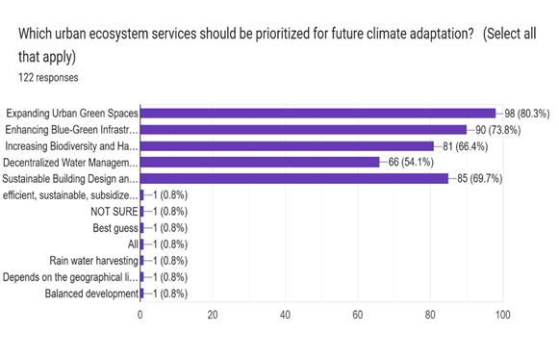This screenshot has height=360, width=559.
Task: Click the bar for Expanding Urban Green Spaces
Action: click(x=318, y=113)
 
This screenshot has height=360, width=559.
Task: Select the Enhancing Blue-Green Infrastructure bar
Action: click(x=303, y=129)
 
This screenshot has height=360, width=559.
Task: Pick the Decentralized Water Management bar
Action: click(x=260, y=162)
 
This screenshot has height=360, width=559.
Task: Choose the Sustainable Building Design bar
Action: click(x=294, y=178)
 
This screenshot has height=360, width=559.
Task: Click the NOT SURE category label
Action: click(x=114, y=211)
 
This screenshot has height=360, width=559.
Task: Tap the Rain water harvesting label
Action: click(x=93, y=260)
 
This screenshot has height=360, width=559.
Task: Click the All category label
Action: click(x=133, y=244)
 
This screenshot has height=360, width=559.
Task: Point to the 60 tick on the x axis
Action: click(x=358, y=314)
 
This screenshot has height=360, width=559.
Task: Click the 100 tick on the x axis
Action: click(x=501, y=314)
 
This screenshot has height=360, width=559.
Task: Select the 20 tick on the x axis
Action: click(x=213, y=314)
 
